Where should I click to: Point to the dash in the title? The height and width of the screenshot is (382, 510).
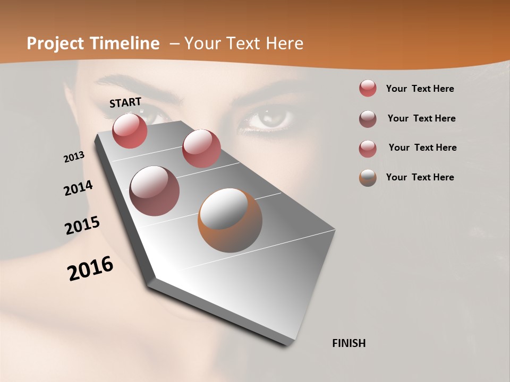pyautogui.click(x=174, y=44)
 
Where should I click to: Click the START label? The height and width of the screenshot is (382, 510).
pyautogui.click(x=125, y=102)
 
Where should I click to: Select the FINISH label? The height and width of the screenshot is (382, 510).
pyautogui.click(x=348, y=343)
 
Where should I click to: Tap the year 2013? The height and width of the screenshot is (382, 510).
pyautogui.click(x=74, y=157)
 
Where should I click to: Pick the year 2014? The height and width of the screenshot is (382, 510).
pyautogui.click(x=78, y=188)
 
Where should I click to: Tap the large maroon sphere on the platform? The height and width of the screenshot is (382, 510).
pyautogui.click(x=154, y=191)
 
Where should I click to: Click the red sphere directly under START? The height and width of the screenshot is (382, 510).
pyautogui.click(x=130, y=131)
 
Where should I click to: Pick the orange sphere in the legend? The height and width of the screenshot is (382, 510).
pyautogui.click(x=368, y=178)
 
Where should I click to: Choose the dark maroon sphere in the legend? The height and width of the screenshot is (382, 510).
pyautogui.click(x=368, y=119)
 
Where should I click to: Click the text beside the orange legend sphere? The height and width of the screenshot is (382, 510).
pyautogui.click(x=420, y=177)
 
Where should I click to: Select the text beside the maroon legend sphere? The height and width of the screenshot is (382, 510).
pyautogui.click(x=421, y=118)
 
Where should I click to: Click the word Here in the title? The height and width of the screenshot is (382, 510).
pyautogui.click(x=284, y=44)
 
